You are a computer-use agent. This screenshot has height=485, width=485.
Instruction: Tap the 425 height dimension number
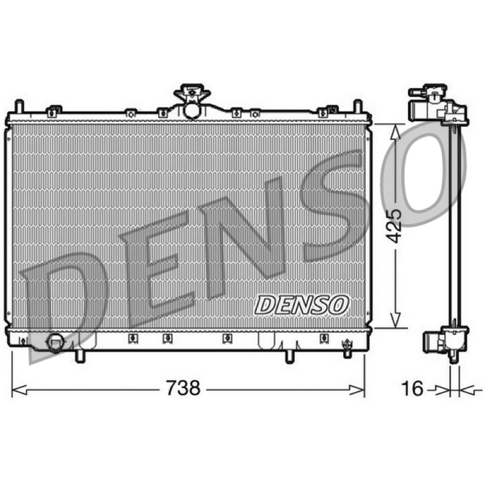click(395, 226)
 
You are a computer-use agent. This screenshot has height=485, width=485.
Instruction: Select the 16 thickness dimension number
click(412, 388)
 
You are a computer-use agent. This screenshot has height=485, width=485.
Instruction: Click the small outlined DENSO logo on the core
click(301, 305)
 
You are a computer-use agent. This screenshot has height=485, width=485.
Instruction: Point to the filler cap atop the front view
click(192, 92)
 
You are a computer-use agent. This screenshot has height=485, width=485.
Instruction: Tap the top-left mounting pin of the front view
click(19, 106)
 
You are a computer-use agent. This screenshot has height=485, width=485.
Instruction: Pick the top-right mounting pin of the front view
click(358, 106)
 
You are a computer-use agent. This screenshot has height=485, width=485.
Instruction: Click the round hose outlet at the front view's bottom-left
click(55, 343)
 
